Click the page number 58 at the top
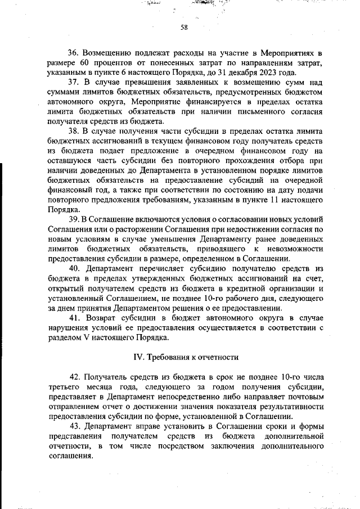[183, 28]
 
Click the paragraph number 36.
[74, 52]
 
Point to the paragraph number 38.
[74, 132]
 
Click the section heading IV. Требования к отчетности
[186, 357]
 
